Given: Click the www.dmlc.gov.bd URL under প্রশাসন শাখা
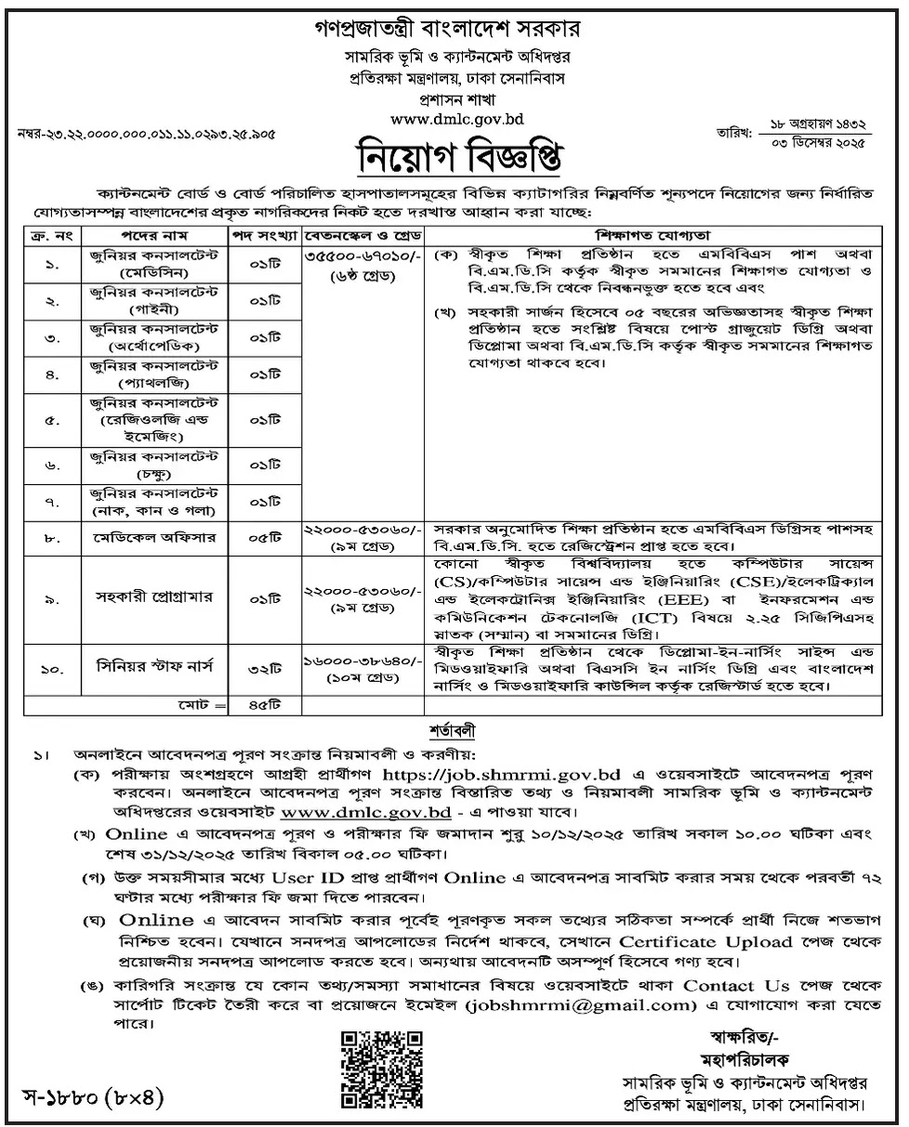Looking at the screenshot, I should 454,119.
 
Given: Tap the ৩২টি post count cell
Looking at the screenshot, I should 267,666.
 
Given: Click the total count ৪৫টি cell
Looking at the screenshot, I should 267,706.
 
